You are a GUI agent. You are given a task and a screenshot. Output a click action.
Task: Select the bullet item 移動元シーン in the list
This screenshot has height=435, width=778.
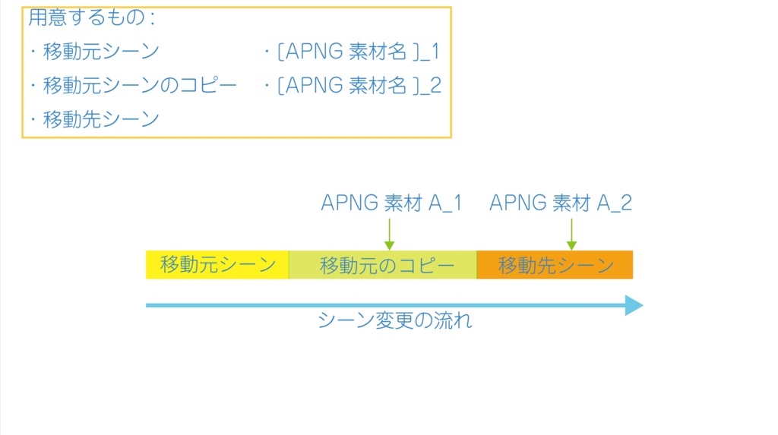pos(100,52)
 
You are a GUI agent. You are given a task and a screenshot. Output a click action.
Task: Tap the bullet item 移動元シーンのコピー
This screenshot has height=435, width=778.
pos(140,85)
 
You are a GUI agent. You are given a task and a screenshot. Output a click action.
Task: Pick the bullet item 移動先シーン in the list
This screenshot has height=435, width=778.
pos(100,119)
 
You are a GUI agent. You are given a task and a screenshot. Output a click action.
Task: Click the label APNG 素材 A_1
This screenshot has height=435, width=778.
pos(391,203)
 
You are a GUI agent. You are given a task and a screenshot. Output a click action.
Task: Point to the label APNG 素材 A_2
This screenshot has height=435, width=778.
pos(561,203)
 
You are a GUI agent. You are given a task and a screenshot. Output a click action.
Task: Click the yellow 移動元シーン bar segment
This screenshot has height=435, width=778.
pos(217,265)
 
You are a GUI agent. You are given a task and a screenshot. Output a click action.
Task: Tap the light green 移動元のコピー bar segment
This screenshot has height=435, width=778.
pos(383,265)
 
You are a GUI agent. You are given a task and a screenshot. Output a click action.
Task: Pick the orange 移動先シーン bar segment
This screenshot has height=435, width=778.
pos(555,265)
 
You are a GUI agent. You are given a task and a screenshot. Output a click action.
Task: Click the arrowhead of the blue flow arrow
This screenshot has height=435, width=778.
pos(634,305)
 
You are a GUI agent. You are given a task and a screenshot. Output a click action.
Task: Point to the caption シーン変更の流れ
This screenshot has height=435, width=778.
pos(395,321)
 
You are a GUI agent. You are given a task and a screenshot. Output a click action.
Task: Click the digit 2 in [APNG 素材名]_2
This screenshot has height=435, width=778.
pos(435,85)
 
